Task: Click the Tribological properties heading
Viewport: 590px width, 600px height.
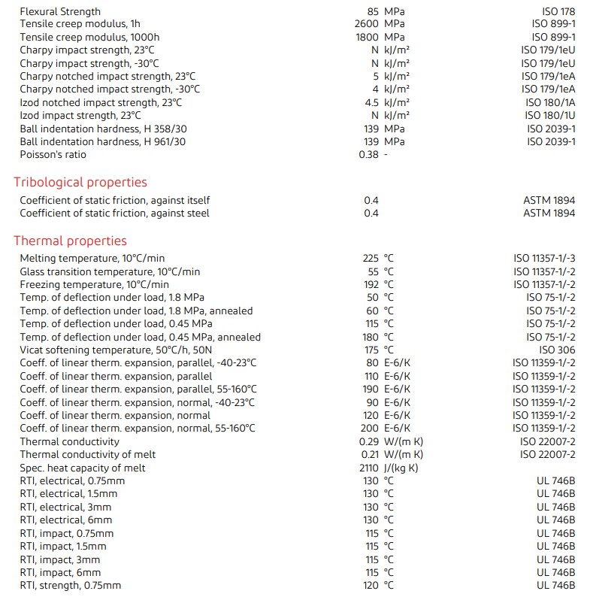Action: point(80,182)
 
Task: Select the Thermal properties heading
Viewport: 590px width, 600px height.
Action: point(70,241)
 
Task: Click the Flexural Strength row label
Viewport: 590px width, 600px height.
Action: point(60,11)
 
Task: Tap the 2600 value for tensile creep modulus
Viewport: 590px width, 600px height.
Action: point(366,24)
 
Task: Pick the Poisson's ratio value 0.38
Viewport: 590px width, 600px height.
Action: point(368,154)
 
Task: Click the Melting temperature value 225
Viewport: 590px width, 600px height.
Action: point(371,258)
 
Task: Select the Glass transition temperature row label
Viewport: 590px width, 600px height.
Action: point(110,271)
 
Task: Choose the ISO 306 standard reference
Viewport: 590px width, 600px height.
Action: point(557,350)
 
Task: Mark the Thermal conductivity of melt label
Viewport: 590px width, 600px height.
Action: point(83,454)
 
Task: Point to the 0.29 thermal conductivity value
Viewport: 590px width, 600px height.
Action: point(368,441)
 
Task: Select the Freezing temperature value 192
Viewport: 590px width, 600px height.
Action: point(371,284)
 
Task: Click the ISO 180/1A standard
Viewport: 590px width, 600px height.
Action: point(550,102)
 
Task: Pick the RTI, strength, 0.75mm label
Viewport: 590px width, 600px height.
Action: point(70,585)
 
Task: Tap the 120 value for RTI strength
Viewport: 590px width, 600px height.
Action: point(371,585)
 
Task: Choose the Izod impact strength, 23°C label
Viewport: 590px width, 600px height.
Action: point(80,115)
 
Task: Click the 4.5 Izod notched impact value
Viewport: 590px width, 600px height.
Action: point(371,102)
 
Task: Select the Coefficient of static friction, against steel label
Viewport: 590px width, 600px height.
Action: point(114,213)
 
